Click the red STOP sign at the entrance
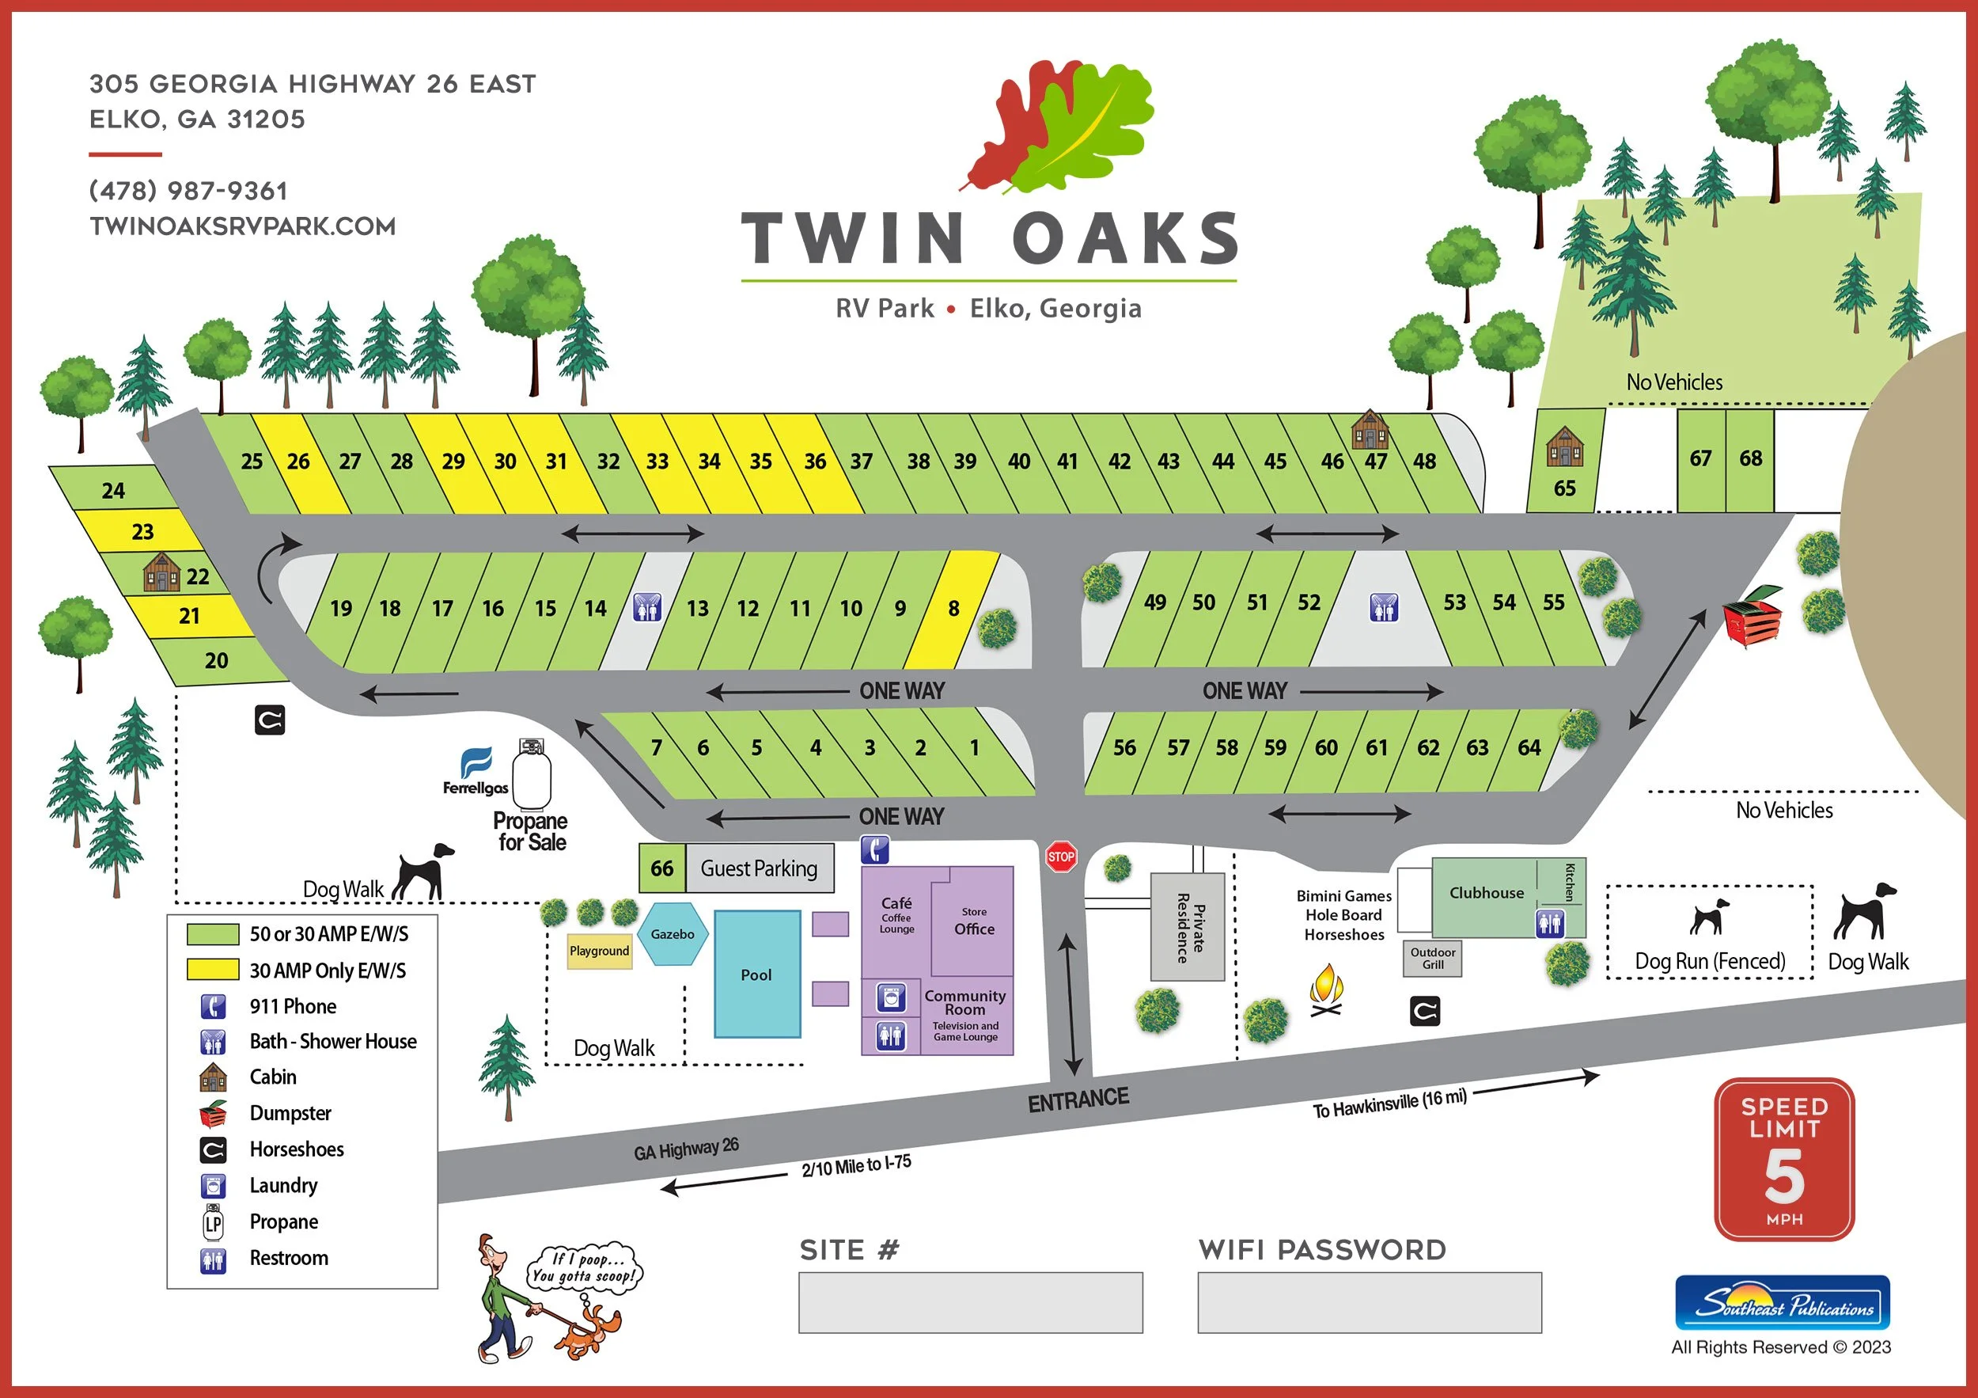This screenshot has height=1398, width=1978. coord(1060,857)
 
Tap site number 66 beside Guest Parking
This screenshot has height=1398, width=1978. coord(661,868)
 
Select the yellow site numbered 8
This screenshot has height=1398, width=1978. coord(953,609)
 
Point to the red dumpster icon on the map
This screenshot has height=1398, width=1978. coord(1753,615)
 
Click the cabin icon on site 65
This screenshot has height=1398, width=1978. coord(1564,446)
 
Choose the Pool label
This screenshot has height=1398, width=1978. coord(756,974)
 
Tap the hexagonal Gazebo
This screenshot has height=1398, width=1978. coord(673,934)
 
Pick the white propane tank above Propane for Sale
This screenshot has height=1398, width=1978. coord(532,775)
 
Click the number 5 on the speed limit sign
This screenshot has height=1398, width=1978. coord(1784,1176)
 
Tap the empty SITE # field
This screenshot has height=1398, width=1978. coord(970,1302)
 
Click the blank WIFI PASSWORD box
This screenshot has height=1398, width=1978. coord(1369,1302)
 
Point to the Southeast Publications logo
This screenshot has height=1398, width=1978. coord(1783,1303)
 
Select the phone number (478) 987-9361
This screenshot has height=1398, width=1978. coord(188,191)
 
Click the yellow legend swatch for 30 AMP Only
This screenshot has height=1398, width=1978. coord(213,970)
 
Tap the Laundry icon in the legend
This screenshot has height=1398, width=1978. coord(213,1186)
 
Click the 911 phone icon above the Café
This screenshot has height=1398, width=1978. coord(874,850)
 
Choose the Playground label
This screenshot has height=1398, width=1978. coord(599,952)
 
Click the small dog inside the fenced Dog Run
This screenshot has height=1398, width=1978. coord(1708,918)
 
